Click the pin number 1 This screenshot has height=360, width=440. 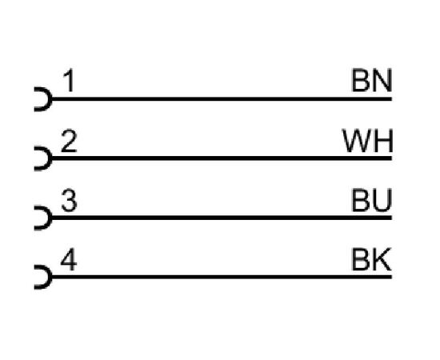tap(70, 81)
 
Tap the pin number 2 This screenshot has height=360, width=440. tap(69, 141)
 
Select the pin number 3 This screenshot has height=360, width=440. tap(69, 200)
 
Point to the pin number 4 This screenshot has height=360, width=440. tap(69, 260)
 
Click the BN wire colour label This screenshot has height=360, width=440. tap(371, 81)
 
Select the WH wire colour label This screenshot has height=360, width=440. tap(368, 141)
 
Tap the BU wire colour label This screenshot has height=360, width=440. tap(371, 200)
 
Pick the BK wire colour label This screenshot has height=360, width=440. tap(371, 260)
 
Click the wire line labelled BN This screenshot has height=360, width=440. tap(222, 99)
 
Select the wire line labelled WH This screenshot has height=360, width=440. tap(222, 158)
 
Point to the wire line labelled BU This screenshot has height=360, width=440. tap(222, 218)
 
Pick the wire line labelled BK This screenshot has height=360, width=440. tap(222, 277)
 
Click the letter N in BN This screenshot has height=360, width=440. tap(382, 81)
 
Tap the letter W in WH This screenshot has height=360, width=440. tap(356, 141)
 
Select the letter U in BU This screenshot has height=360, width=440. tap(382, 200)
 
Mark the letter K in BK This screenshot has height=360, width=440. tap(382, 260)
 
